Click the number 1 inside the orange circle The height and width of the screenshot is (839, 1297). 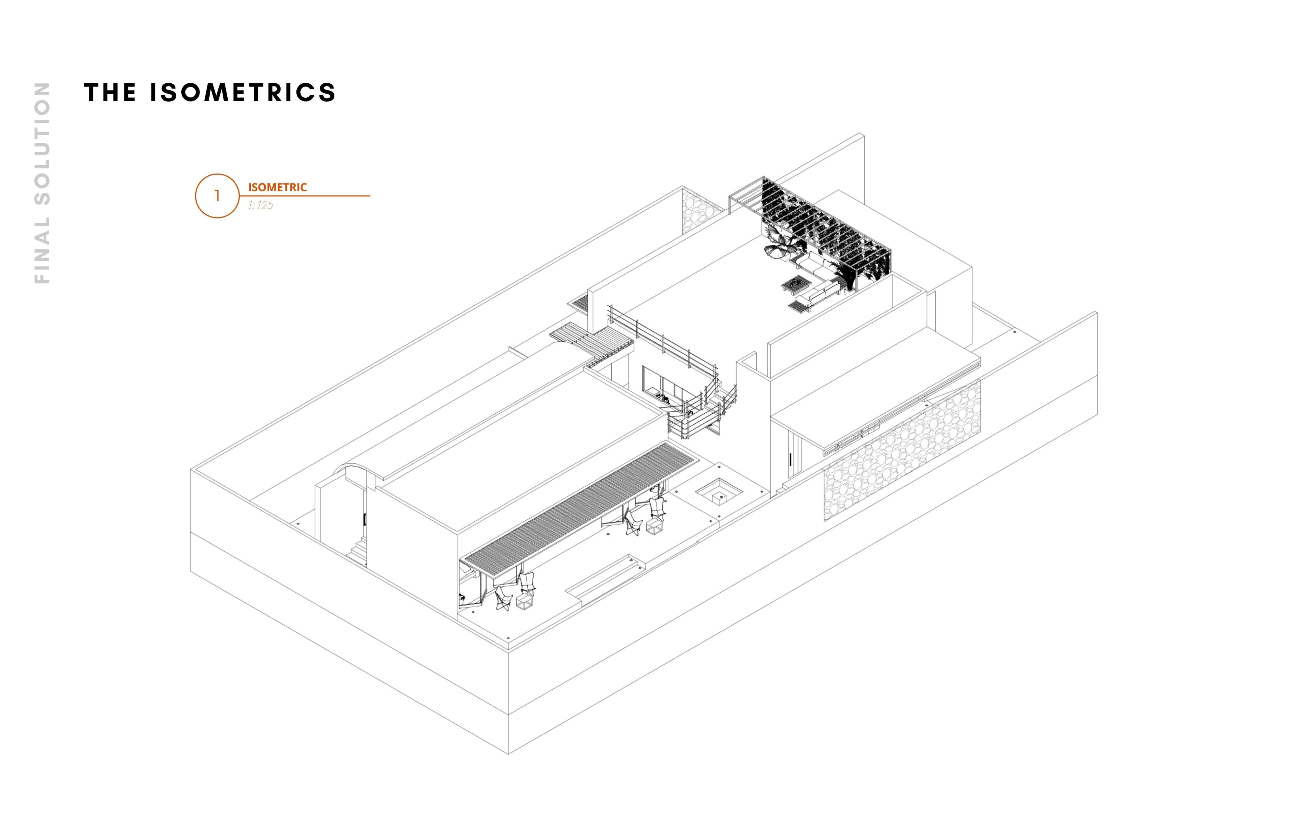point(217,195)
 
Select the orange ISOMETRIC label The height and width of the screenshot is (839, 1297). point(277,187)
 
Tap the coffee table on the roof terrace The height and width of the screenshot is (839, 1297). point(795,284)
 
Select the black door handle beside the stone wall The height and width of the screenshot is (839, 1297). point(790,459)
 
